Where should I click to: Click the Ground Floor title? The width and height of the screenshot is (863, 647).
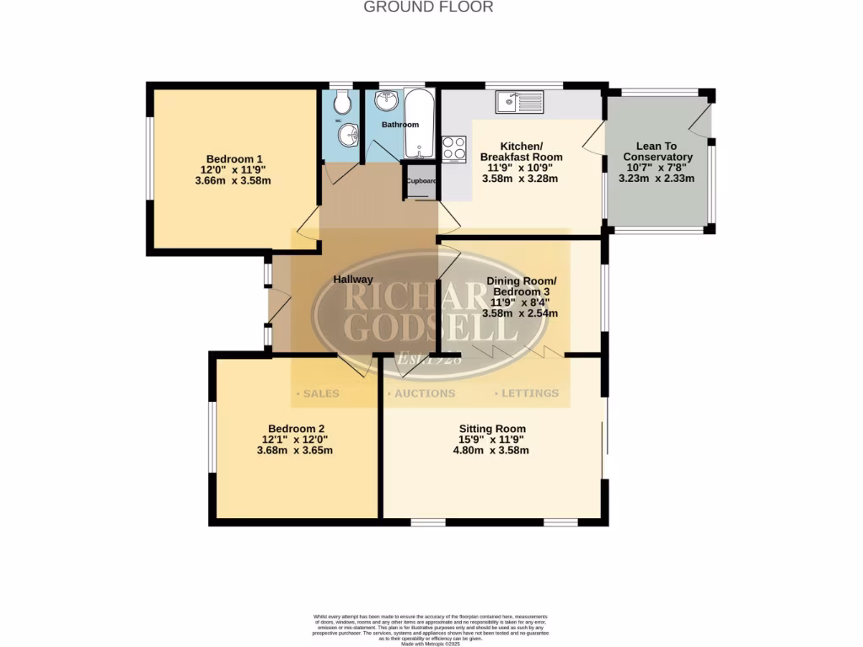click(x=428, y=7)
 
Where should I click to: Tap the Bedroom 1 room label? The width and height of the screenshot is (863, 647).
click(x=235, y=158)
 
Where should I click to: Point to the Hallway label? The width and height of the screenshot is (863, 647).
click(x=352, y=280)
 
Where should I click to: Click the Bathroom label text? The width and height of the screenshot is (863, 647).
click(x=399, y=125)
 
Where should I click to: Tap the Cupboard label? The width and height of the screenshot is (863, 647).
click(x=421, y=181)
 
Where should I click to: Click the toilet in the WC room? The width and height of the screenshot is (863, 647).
click(x=341, y=104)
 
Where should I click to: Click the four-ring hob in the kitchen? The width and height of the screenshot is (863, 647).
click(x=454, y=148)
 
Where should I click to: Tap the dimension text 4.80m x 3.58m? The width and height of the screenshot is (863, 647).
click(x=490, y=450)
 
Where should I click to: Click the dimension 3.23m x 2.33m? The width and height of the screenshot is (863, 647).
click(x=657, y=179)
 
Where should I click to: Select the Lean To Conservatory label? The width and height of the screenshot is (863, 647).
click(x=657, y=152)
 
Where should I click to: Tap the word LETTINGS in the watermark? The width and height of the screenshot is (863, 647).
click(x=529, y=393)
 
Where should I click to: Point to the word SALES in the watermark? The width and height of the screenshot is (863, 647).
click(x=319, y=393)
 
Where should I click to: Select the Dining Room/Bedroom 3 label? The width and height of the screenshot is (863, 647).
click(x=520, y=286)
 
